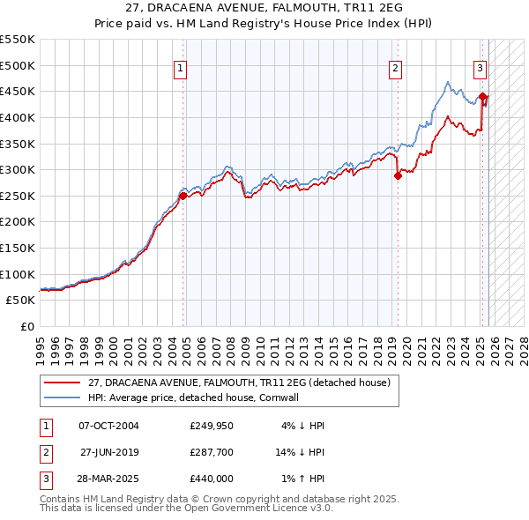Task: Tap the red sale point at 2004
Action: coord(183,197)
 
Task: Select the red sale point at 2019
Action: coord(398,175)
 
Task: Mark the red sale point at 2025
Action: coord(482,96)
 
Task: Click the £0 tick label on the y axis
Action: coord(27,326)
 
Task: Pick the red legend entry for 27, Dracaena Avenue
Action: coord(240,383)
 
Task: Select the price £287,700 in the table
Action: coord(211,452)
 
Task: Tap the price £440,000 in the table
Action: coord(211,479)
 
